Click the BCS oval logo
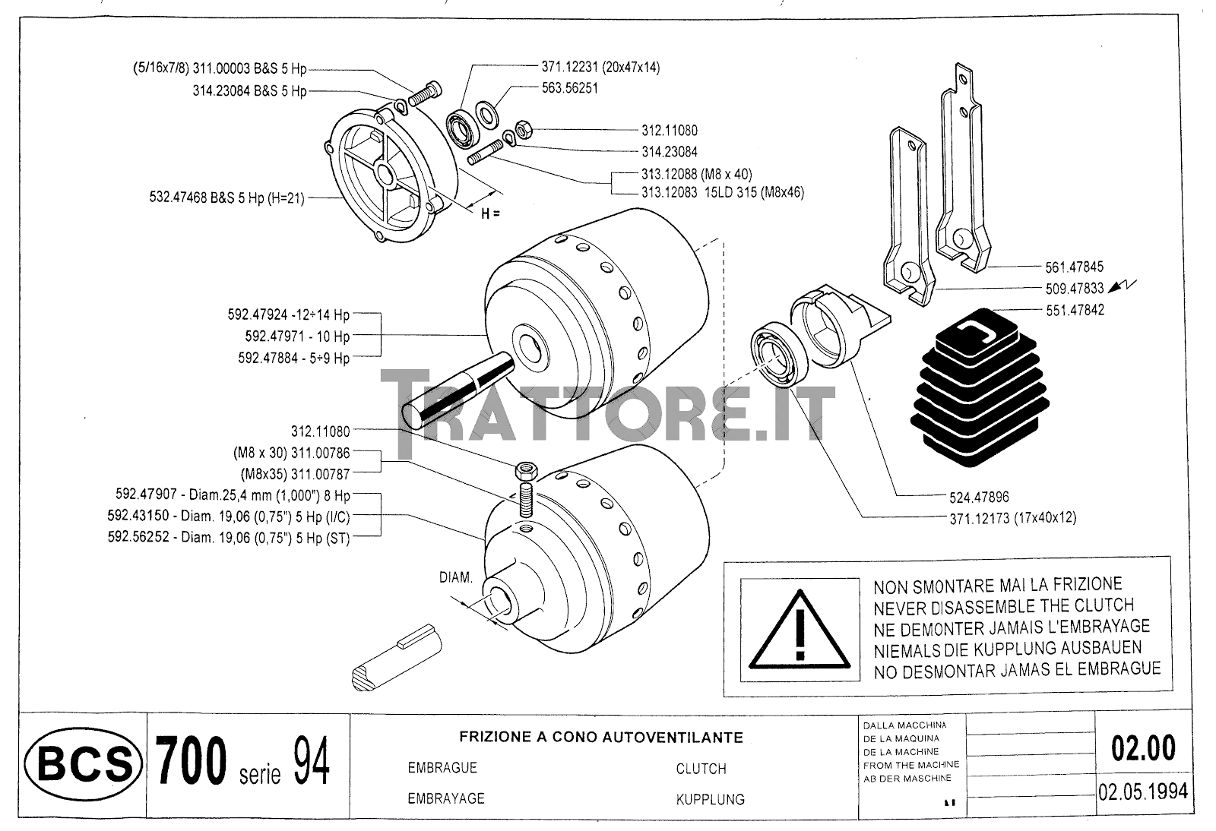[83, 763]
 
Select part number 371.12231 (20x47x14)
[600, 68]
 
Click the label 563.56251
[569, 88]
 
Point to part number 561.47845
[1075, 267]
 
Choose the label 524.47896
[979, 497]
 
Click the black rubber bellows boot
[980, 387]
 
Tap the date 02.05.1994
[1143, 792]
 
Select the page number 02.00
[1143, 748]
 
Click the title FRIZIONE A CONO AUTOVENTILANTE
[601, 737]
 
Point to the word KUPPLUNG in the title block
[710, 800]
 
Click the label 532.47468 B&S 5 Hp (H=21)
[227, 197]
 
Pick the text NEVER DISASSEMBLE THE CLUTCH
[1004, 606]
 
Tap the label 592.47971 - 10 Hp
[297, 337]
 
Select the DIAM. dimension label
[455, 578]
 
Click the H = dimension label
[490, 213]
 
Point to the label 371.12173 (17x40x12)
[1012, 518]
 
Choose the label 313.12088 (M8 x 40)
[696, 174]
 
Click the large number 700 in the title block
[191, 760]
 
